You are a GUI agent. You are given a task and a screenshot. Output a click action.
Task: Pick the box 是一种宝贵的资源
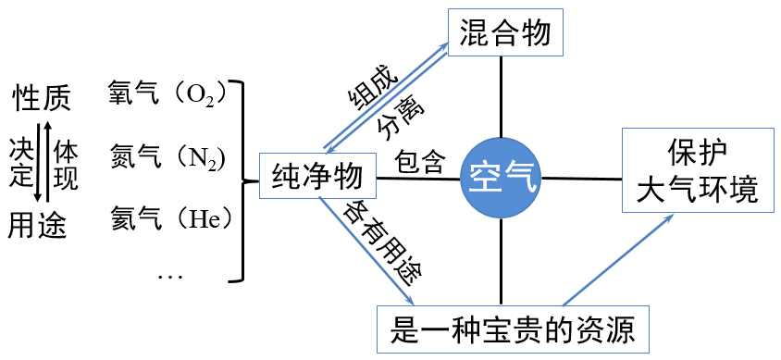(x=506, y=329)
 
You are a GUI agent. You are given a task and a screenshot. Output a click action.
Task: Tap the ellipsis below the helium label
(x=170, y=275)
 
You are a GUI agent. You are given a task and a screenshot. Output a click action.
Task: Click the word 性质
(x=40, y=95)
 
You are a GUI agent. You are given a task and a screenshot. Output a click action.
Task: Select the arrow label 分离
(x=400, y=118)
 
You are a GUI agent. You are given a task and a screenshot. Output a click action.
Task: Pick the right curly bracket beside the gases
(x=242, y=180)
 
